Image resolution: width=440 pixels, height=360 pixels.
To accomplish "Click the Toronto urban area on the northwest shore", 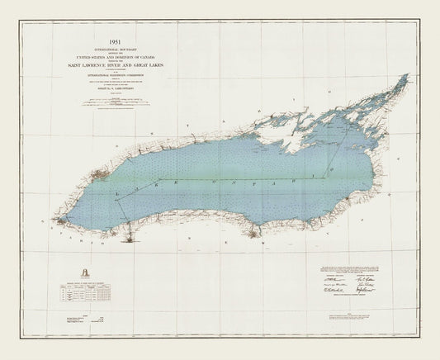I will click(100, 175).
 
